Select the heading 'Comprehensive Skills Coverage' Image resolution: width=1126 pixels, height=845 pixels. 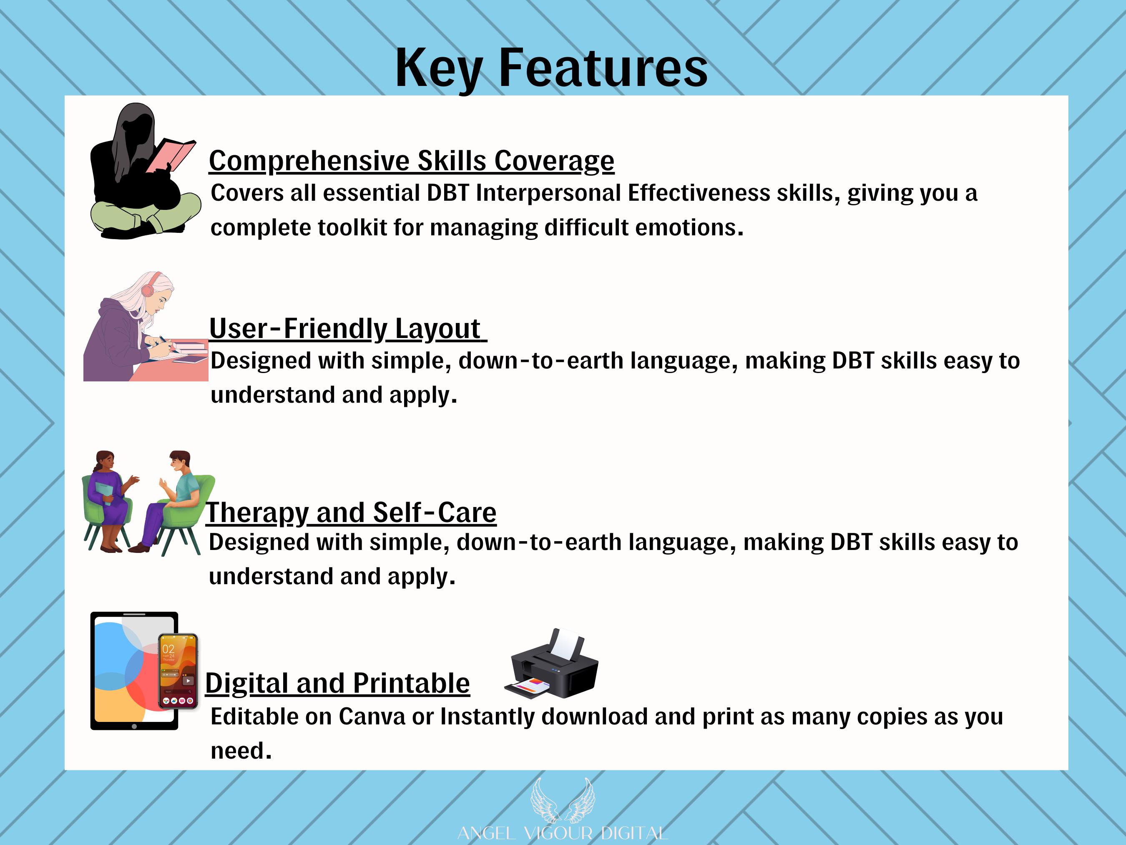412,161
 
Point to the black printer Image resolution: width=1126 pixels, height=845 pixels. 552,663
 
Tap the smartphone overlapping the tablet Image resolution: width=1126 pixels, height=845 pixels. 178,671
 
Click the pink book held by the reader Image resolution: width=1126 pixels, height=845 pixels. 171,155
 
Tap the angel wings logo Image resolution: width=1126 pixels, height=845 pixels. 563,800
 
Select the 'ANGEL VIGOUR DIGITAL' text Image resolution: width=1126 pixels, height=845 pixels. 563,833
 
